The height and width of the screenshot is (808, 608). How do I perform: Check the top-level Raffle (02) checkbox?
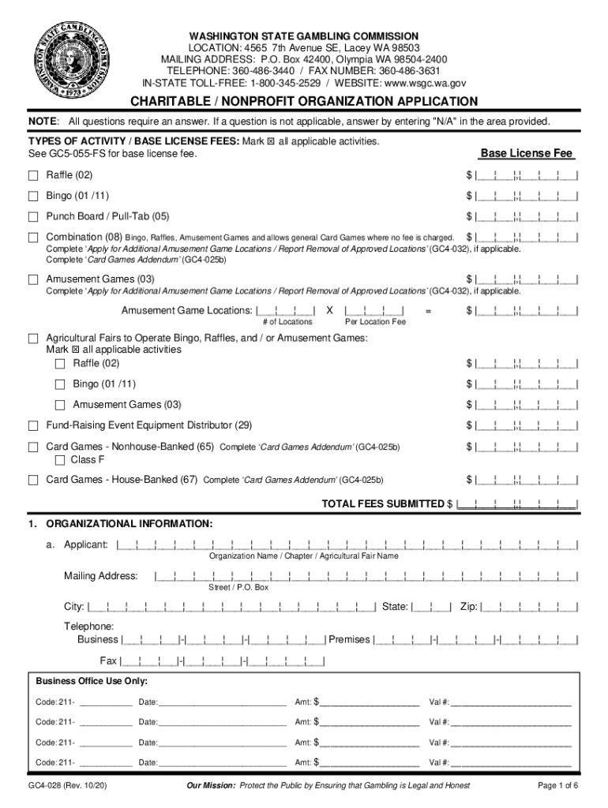(x=33, y=175)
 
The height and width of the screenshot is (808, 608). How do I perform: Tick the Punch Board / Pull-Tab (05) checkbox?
(x=33, y=216)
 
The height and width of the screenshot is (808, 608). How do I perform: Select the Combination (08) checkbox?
(x=33, y=238)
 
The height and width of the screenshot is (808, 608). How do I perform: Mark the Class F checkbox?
(x=60, y=460)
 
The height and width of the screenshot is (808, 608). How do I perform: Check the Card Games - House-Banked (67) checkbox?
(x=33, y=480)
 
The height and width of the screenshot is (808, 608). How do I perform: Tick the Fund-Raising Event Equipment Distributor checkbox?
(x=33, y=426)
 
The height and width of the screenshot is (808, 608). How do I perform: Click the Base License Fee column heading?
(x=527, y=153)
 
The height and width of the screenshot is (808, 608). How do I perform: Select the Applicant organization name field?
(x=347, y=544)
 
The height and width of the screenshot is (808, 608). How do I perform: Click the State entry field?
(x=431, y=608)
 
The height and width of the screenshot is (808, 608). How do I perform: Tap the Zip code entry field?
(x=530, y=608)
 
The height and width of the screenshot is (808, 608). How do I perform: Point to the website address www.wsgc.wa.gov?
(x=421, y=82)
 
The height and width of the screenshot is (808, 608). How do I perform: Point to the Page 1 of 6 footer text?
(x=557, y=786)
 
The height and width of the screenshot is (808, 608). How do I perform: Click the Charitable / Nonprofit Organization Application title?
(x=304, y=101)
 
